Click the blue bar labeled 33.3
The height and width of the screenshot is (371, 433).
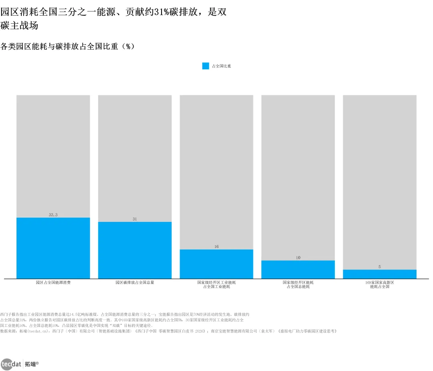tap(53, 248)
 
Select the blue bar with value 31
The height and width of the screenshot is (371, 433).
tap(135, 250)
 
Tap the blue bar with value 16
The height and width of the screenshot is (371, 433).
tap(216, 264)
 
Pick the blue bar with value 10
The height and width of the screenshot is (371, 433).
tap(298, 270)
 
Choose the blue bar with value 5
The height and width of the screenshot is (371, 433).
tap(380, 274)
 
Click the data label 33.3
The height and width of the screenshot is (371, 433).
tap(53, 215)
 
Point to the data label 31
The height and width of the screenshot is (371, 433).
tap(135, 219)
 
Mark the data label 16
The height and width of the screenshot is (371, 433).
tap(216, 246)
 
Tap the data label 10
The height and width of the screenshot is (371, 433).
tap(298, 258)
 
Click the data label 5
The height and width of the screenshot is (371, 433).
tap(380, 267)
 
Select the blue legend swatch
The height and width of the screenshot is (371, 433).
tap(205, 66)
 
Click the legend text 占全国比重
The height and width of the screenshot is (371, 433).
tap(221, 66)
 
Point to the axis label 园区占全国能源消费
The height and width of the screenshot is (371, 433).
tap(53, 282)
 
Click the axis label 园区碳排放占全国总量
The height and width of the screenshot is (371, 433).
tap(135, 282)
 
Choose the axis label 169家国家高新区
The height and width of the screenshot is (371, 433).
tap(380, 282)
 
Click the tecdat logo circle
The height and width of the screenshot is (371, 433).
tap(7, 364)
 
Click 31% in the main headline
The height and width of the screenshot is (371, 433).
tap(162, 12)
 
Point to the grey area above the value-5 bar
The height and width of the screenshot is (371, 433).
tap(380, 182)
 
